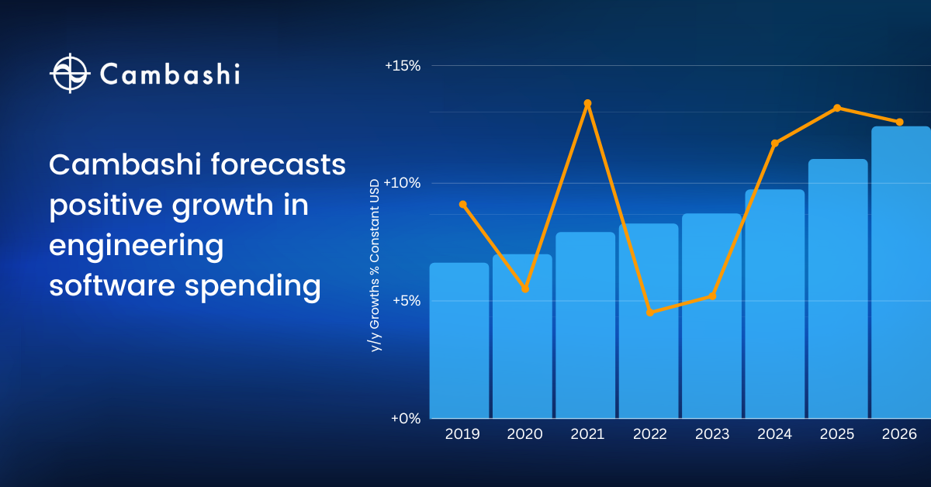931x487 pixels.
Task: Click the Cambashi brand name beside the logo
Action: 170,74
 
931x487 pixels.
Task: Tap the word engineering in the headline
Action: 136,247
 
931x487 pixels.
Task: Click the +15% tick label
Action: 403,66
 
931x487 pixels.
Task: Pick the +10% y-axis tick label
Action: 403,183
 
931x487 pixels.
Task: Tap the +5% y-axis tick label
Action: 405,301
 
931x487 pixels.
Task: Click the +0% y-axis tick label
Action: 405,419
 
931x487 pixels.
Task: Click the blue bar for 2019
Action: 459,341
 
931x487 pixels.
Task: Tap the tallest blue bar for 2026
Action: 900,271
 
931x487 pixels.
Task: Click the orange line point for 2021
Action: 587,103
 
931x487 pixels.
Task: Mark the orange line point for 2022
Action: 650,313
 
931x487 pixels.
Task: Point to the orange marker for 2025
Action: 837,108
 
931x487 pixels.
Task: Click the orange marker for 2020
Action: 525,288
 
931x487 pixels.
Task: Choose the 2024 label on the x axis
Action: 774,434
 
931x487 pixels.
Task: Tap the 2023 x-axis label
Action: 711,434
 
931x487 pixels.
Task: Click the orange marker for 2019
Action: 462,205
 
